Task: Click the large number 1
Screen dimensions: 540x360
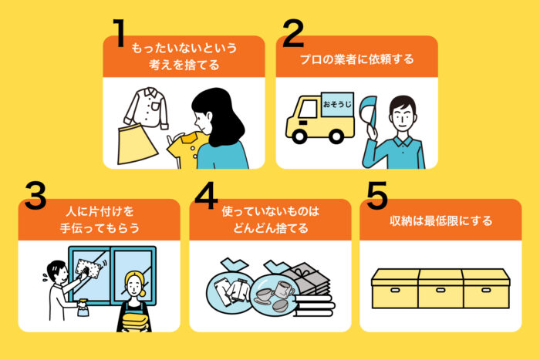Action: (x=119, y=33)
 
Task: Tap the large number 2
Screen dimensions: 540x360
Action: (x=293, y=33)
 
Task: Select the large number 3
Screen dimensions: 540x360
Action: (x=35, y=196)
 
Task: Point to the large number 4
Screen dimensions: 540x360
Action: (x=206, y=196)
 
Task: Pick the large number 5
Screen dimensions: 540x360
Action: (x=377, y=196)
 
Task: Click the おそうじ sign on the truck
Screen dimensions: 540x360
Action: (x=338, y=104)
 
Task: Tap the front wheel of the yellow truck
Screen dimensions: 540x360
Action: (x=299, y=136)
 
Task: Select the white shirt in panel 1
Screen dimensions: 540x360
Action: (x=147, y=107)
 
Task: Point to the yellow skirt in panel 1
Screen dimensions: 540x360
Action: (x=137, y=144)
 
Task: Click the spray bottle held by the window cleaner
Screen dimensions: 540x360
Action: (x=83, y=308)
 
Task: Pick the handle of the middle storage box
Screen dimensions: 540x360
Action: (x=440, y=290)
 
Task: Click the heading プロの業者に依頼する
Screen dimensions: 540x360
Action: (x=356, y=59)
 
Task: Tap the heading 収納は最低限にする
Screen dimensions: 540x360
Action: (x=440, y=220)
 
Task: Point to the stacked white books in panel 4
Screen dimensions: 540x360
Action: (x=314, y=305)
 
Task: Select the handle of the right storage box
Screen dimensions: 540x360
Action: (x=486, y=290)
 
